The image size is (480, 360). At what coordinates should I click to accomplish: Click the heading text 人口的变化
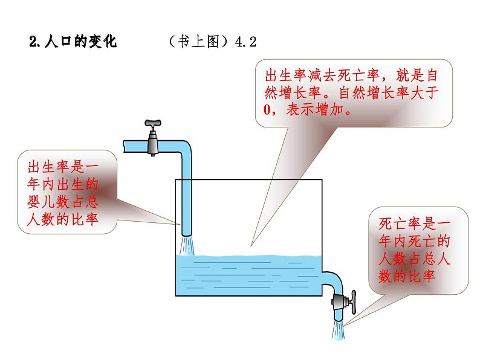[80, 41]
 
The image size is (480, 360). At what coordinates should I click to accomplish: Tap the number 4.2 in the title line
[246, 42]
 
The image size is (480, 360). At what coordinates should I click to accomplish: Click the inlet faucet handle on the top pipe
[153, 123]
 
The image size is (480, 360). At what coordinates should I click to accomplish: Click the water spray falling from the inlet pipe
[186, 246]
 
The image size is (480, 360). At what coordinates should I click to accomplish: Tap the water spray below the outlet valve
[339, 330]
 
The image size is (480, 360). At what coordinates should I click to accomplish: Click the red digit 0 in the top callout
[267, 110]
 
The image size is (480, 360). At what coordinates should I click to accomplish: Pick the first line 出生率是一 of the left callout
[63, 167]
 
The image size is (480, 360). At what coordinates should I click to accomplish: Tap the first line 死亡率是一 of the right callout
[414, 223]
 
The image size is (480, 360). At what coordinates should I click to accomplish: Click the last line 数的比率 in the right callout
[406, 276]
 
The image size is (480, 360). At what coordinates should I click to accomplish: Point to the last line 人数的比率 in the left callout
[62, 219]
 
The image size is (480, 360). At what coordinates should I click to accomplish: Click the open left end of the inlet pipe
[125, 146]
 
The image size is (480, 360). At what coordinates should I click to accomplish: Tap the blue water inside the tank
[248, 275]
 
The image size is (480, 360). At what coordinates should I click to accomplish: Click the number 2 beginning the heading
[33, 42]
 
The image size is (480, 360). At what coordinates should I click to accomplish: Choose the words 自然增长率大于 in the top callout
[389, 92]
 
